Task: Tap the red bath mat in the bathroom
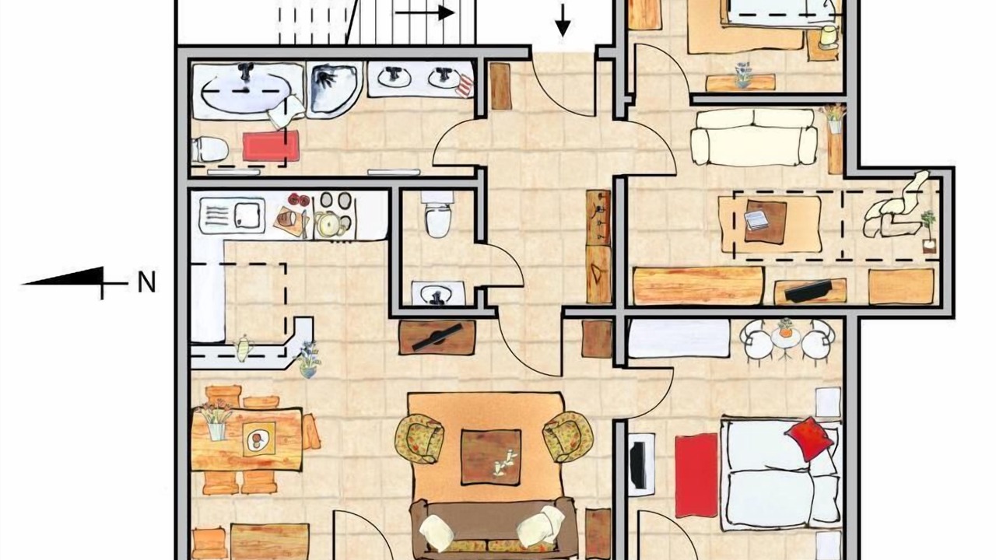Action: click(271, 145)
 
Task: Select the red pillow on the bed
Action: click(809, 439)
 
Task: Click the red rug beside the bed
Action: click(696, 475)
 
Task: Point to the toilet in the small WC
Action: click(438, 214)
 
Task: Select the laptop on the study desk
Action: click(757, 220)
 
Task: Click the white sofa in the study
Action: click(754, 137)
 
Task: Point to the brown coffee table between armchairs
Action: click(491, 457)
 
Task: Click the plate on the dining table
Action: click(258, 439)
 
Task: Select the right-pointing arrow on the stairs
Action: click(425, 13)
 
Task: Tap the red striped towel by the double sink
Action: click(465, 86)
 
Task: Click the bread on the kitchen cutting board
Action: click(285, 219)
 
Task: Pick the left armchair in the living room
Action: click(419, 438)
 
